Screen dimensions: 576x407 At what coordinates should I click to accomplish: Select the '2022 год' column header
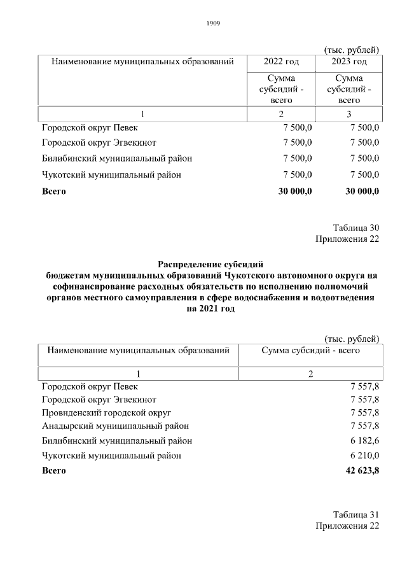click(x=281, y=62)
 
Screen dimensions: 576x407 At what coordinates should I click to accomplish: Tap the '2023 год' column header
click(x=349, y=62)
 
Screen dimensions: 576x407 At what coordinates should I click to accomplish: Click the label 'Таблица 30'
click(x=356, y=227)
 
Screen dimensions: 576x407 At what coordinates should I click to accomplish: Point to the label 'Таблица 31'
click(x=356, y=514)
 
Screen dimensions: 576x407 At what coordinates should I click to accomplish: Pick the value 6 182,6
click(x=364, y=440)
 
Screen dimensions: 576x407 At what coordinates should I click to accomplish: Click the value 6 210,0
click(x=364, y=456)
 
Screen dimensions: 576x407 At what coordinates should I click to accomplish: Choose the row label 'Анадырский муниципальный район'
click(x=115, y=426)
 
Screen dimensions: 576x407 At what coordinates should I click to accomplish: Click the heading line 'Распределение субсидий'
click(x=210, y=263)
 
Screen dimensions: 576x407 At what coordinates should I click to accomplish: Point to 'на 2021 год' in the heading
click(x=210, y=309)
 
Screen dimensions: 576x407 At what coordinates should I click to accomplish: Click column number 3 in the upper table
click(x=349, y=114)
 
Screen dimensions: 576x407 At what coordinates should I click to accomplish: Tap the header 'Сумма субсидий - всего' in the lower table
click(x=311, y=350)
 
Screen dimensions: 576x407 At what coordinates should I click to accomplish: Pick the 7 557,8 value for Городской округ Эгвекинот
click(x=364, y=399)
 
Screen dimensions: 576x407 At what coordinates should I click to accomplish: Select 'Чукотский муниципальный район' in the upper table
click(x=111, y=175)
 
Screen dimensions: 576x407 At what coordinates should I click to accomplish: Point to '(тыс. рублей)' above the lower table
click(x=352, y=338)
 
